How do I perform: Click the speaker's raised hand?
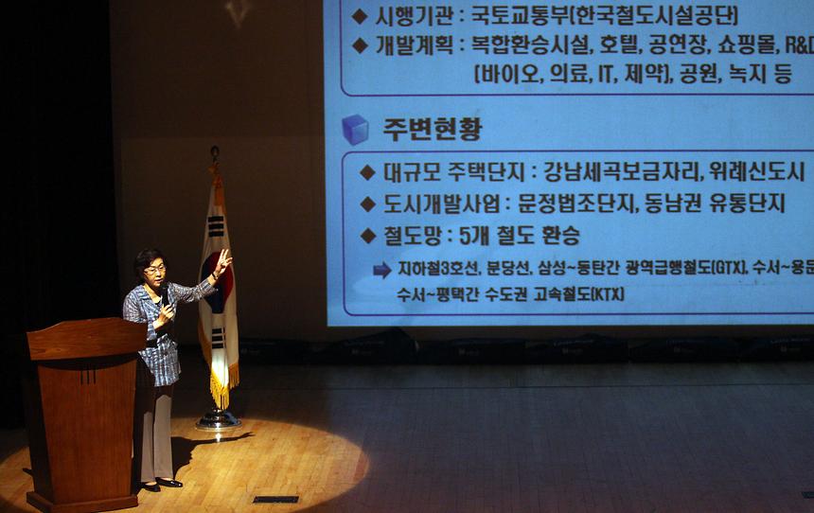coord(222,260)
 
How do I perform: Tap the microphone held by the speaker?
coord(164,294)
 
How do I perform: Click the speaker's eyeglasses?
coord(154,270)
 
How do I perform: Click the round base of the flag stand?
coord(218,419)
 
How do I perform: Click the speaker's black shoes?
coord(161,485)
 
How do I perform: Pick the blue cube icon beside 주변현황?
coord(355,129)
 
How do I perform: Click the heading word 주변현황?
coord(432,129)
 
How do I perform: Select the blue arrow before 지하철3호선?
coord(381,270)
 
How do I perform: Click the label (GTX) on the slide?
coord(724,269)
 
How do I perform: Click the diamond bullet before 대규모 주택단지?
coord(367,172)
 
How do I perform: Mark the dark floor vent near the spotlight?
coord(275,499)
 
